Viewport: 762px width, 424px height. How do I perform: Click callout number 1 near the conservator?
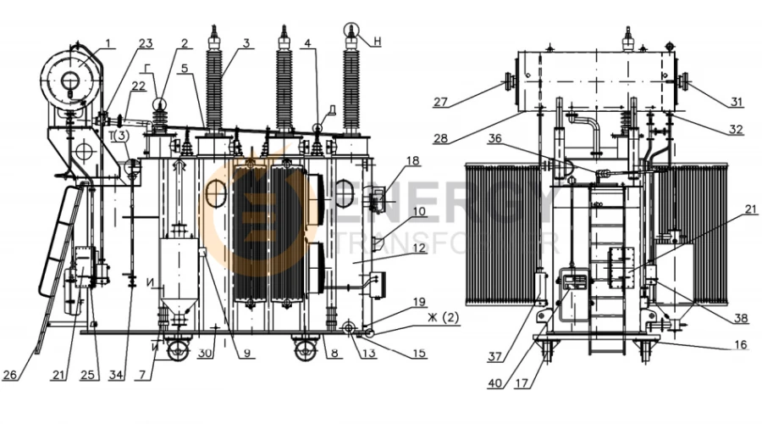coord(108,43)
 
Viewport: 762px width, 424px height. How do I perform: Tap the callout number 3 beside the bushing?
coord(246,43)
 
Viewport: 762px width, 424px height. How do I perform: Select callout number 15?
coord(421,354)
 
